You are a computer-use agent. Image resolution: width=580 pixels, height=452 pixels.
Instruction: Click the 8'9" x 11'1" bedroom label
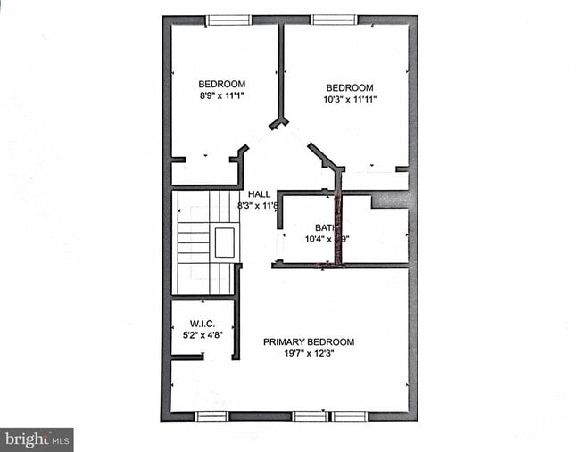click(221, 85)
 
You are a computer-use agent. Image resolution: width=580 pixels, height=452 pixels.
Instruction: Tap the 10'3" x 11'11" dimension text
click(349, 99)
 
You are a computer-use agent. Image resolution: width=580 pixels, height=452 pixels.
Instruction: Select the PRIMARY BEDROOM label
click(308, 341)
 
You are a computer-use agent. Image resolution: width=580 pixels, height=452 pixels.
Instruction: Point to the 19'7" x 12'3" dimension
click(308, 353)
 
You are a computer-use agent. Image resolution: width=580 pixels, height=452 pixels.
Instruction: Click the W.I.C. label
click(202, 323)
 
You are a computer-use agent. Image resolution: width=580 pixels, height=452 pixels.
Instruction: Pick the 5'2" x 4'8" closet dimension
click(202, 335)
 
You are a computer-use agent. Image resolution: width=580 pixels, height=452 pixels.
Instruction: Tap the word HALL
click(259, 193)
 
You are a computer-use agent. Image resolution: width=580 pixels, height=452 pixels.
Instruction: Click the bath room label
click(323, 227)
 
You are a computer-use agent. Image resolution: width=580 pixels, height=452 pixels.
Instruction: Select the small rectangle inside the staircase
click(224, 242)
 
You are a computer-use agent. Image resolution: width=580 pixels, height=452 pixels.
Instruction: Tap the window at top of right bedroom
click(334, 20)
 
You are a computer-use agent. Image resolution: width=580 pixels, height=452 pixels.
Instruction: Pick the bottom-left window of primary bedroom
click(211, 415)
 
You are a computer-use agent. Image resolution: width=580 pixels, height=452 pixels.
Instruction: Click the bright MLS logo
click(37, 439)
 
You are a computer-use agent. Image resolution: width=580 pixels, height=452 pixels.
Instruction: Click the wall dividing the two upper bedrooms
click(281, 71)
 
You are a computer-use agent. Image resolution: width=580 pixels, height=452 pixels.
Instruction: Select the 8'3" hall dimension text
click(258, 205)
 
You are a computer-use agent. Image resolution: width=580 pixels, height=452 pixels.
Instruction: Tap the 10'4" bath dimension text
click(326, 239)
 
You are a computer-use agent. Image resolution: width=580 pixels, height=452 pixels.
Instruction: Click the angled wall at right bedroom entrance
click(325, 156)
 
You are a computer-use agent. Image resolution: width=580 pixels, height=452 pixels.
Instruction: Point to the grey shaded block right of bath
click(390, 200)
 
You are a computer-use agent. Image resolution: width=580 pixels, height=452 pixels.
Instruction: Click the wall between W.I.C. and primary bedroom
click(236, 330)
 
